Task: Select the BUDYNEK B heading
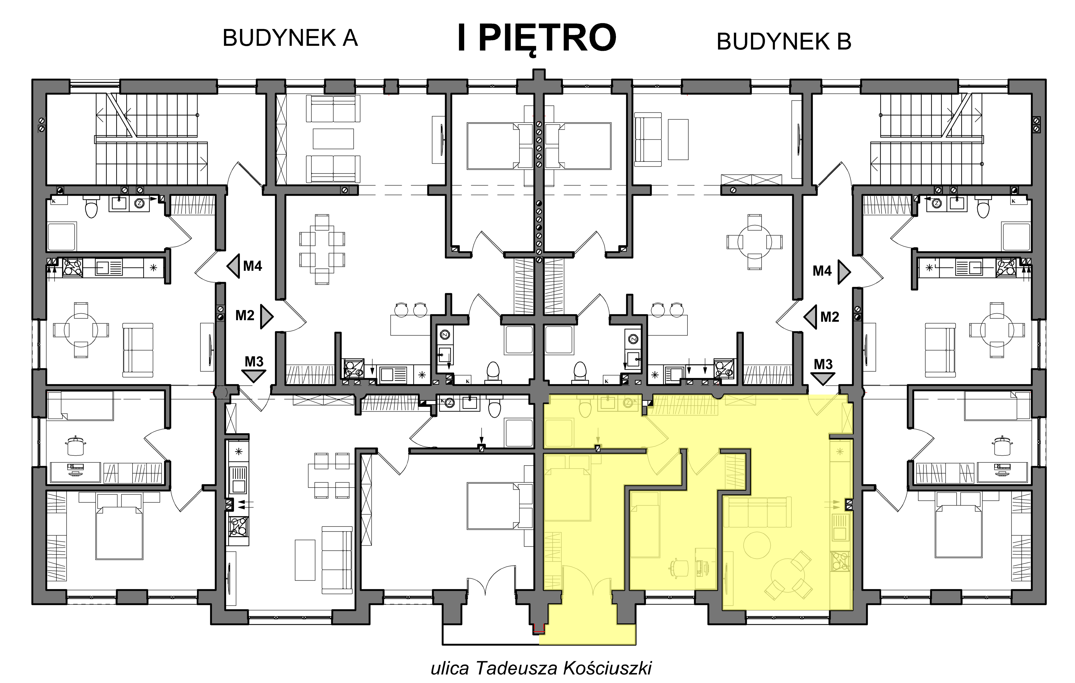point(784,42)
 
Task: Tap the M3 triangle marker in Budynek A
point(253,376)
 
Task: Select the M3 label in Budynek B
point(823,364)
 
